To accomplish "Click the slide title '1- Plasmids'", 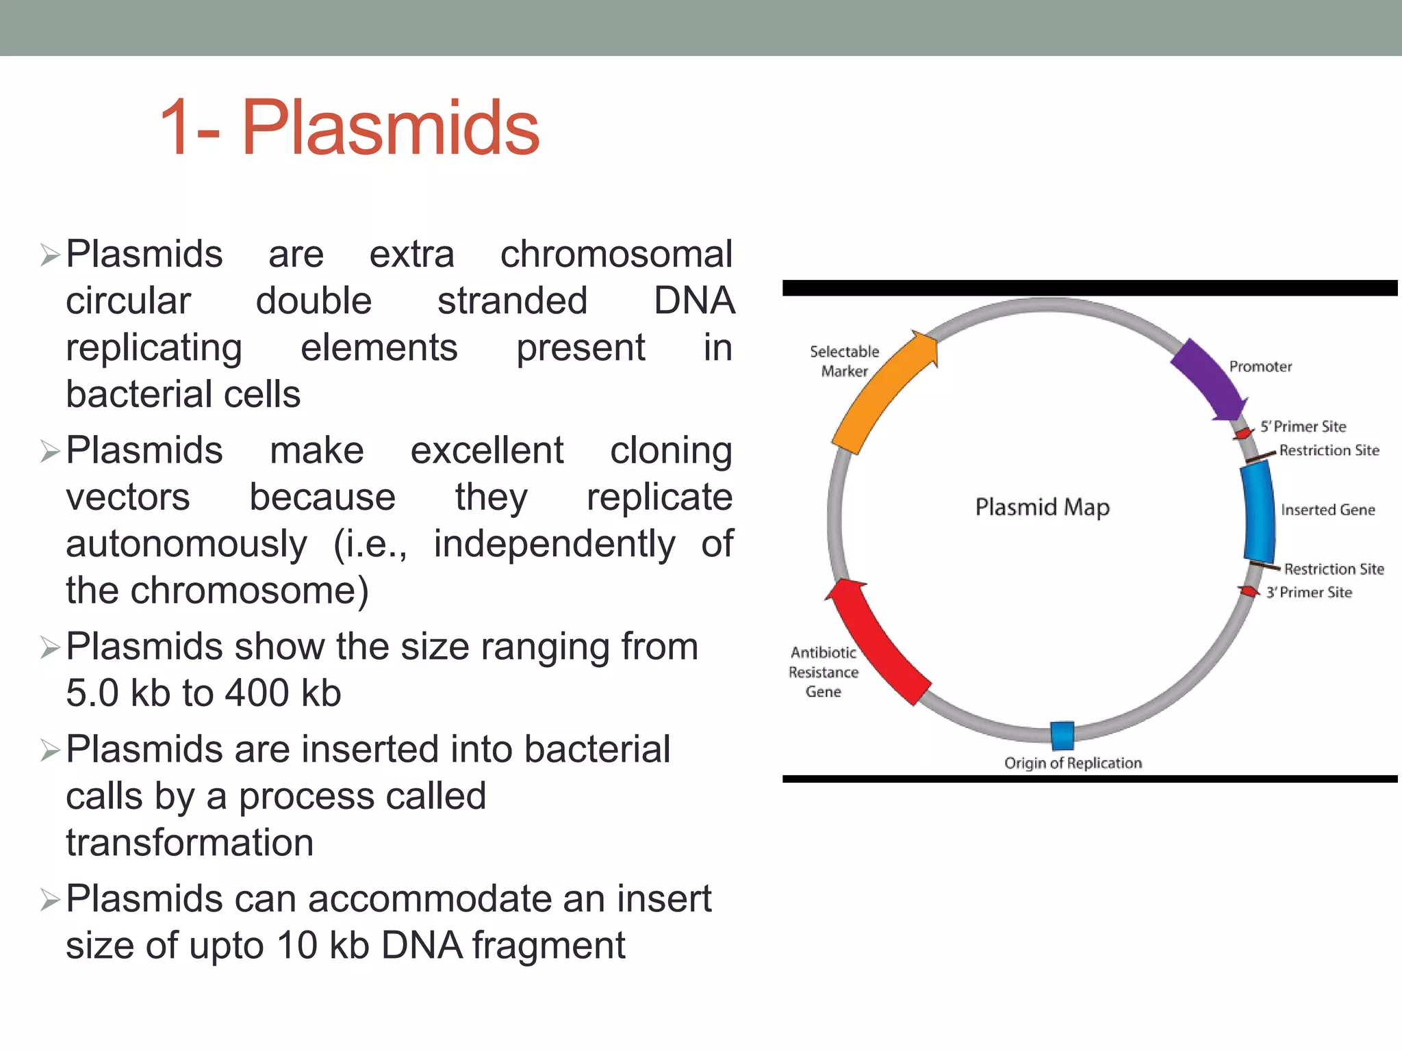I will [x=349, y=128].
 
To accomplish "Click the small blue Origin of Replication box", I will [x=1062, y=736].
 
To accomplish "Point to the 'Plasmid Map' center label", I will [x=1042, y=507].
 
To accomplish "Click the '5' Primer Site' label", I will [x=1303, y=426].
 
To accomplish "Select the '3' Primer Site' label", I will [x=1309, y=593].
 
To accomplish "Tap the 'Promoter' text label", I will [x=1260, y=367].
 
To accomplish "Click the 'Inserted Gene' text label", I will [x=1327, y=510].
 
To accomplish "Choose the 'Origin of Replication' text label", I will [x=1073, y=763].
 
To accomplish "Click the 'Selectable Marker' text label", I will [x=844, y=361].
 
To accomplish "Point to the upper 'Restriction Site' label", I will [x=1329, y=450].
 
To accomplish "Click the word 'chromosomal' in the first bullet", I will [x=616, y=255].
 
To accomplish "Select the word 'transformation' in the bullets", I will [x=190, y=842].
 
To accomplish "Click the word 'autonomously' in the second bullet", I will [x=186, y=544].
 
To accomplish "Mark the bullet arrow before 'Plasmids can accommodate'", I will [x=50, y=900].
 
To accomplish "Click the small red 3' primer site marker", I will [x=1249, y=591].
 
